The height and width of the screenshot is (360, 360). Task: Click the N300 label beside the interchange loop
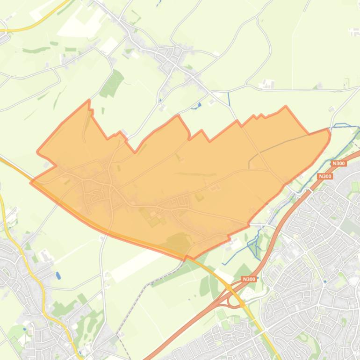(249, 279)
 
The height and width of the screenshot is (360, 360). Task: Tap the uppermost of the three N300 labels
(338, 163)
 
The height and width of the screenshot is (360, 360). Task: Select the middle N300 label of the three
(324, 176)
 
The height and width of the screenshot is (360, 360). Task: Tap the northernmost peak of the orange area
(89, 101)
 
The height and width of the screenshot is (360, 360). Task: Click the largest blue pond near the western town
(58, 275)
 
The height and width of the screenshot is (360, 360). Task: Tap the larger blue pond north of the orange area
(198, 105)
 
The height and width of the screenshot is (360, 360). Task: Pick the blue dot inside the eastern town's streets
(325, 281)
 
